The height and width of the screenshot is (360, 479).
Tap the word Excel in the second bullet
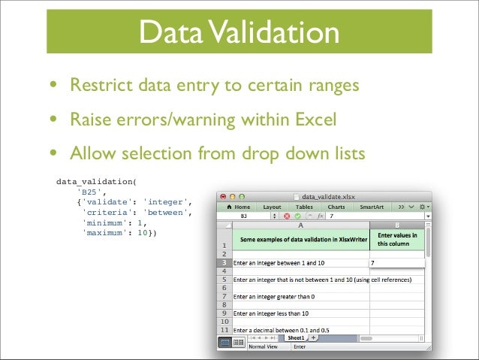(314, 119)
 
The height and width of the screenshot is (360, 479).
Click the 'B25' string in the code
(93, 192)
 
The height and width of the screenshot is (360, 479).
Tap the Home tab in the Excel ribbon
(239, 206)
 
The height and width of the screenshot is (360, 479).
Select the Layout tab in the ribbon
(272, 206)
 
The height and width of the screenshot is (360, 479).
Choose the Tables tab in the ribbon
(304, 206)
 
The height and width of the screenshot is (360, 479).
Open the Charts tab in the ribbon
(336, 206)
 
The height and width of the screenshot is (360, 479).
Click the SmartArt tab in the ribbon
(372, 206)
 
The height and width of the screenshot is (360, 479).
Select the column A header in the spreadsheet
(300, 225)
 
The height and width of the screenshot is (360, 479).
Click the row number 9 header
(224, 313)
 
